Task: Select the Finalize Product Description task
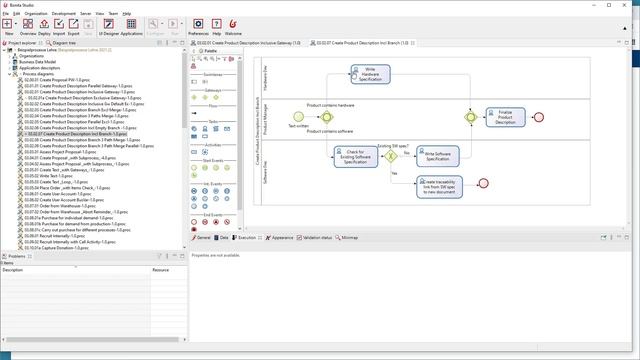click(504, 117)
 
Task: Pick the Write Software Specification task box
click(438, 156)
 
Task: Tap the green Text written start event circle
click(298, 117)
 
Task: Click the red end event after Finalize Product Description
click(539, 117)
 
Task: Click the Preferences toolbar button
click(198, 26)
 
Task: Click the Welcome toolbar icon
click(233, 26)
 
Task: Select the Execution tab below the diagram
click(246, 238)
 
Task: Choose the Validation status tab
click(317, 238)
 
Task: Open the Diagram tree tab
click(64, 43)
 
